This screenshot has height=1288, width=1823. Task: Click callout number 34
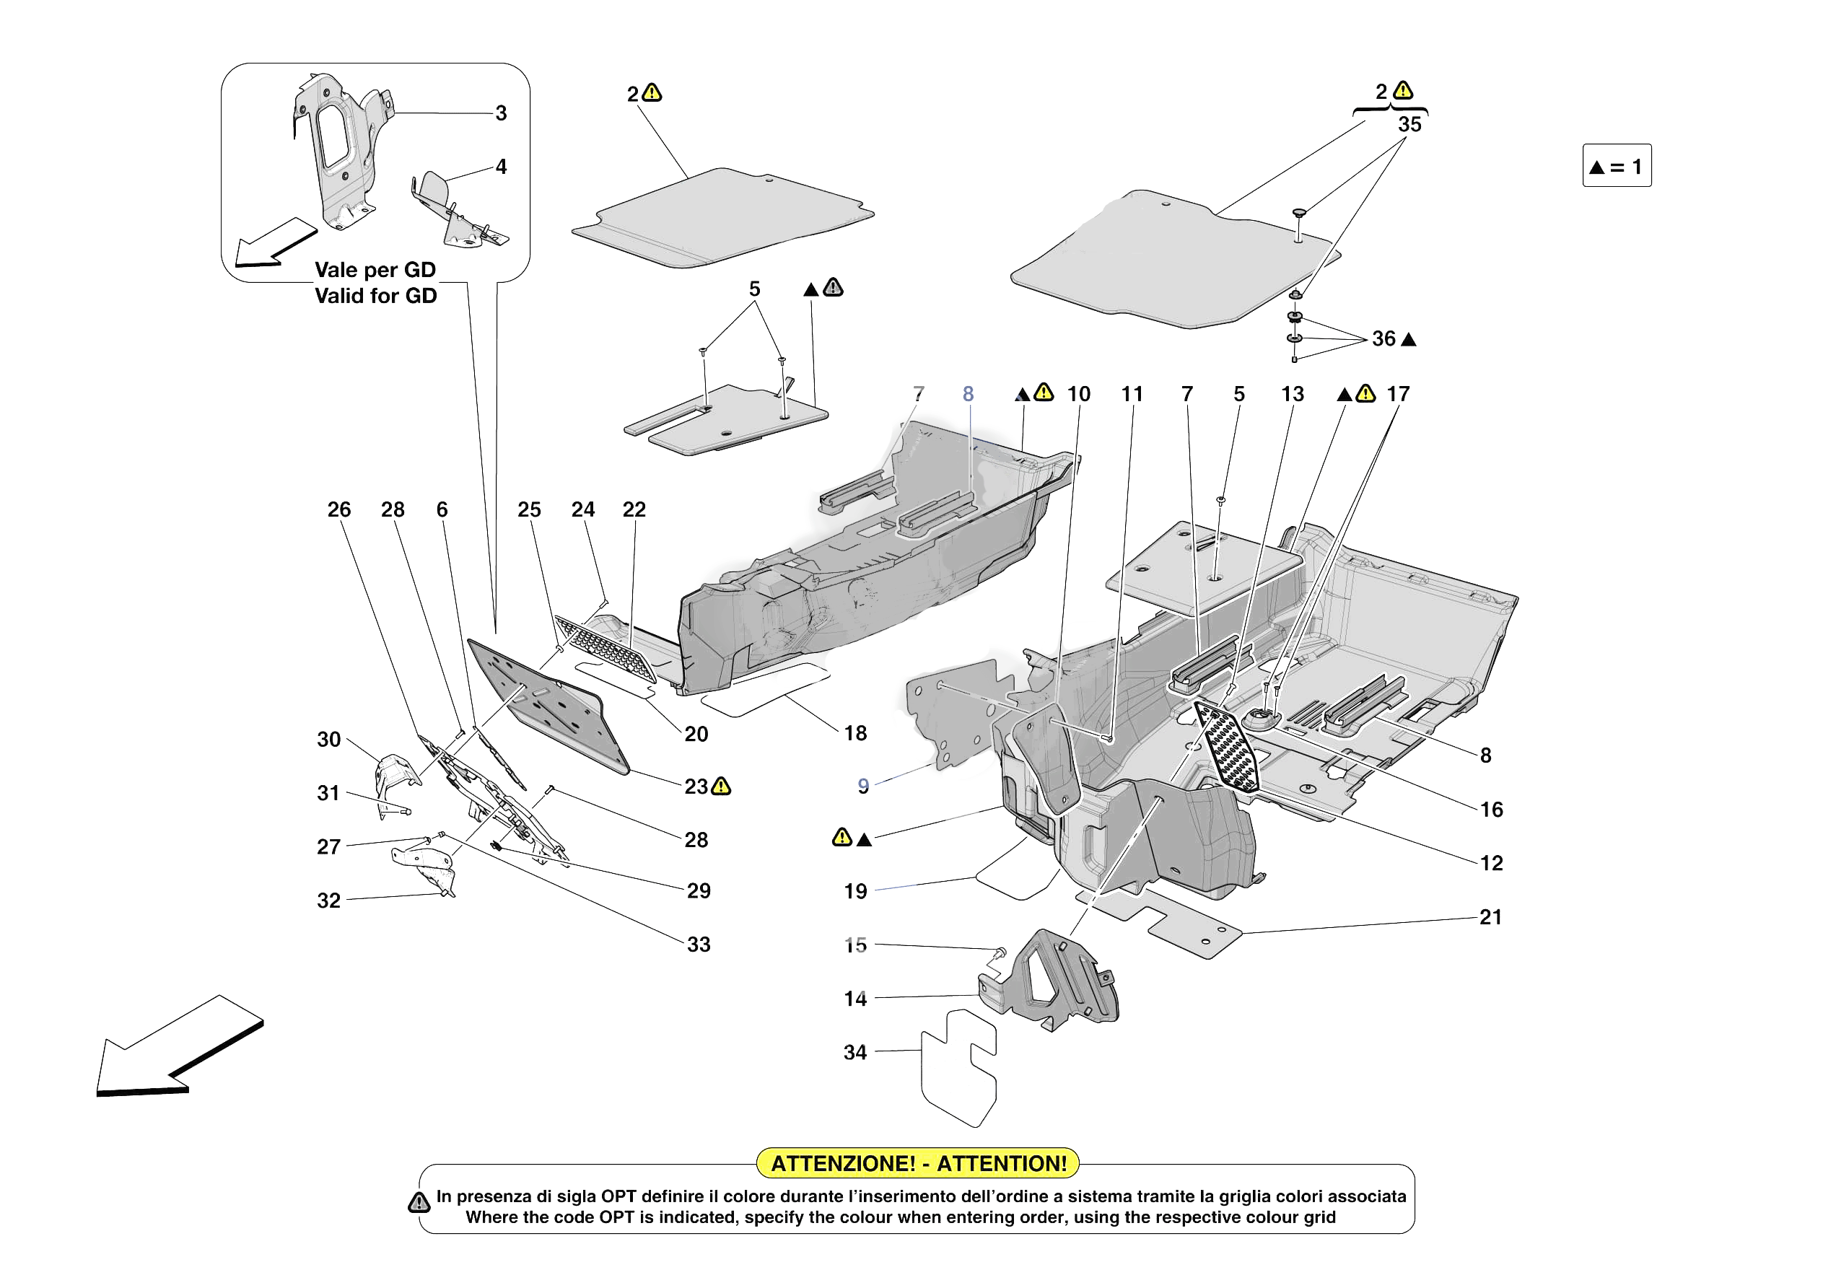coord(854,1052)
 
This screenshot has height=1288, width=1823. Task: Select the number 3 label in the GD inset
coord(501,113)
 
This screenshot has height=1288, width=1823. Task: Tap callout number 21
coord(1490,917)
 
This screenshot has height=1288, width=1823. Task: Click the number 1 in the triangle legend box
coord(1636,167)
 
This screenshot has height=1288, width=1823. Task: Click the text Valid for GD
coord(375,296)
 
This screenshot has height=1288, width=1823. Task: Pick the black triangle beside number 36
coord(1409,340)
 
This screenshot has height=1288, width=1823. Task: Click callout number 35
coord(1409,125)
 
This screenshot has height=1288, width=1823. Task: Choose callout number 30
coord(328,740)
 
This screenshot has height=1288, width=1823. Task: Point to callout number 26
coord(339,510)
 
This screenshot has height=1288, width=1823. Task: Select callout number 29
coord(698,890)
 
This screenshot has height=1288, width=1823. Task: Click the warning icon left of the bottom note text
coord(419,1202)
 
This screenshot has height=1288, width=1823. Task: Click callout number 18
coord(855,733)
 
